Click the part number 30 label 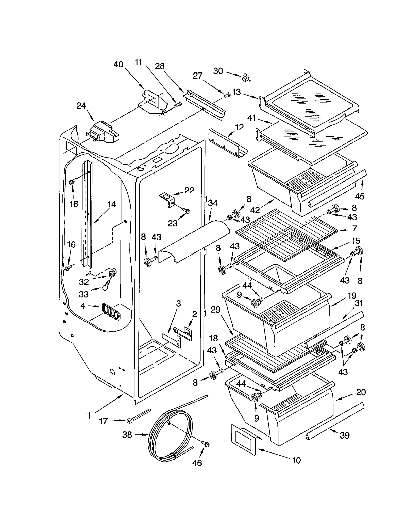tap(218, 71)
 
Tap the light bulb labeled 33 tap(105, 287)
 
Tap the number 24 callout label tap(81, 106)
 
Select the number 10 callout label tap(296, 460)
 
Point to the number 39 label tap(344, 435)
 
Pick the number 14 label tap(112, 204)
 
